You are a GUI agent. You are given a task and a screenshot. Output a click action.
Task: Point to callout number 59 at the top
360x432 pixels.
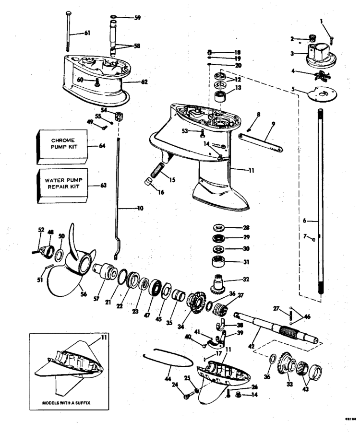click(x=137, y=18)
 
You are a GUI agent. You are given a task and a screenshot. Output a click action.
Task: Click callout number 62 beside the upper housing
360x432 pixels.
click(x=144, y=82)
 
